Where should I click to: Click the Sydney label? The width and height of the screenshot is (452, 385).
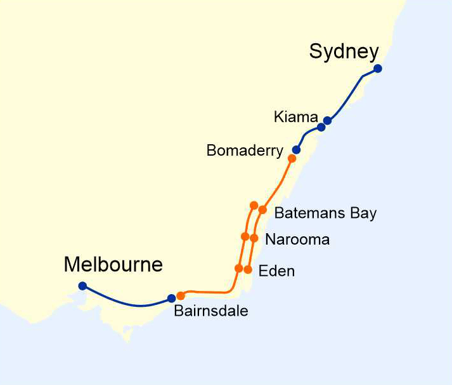pyautogui.click(x=344, y=51)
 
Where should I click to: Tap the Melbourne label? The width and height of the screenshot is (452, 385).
pyautogui.click(x=113, y=264)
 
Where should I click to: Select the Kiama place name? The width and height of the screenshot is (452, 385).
pyautogui.click(x=295, y=117)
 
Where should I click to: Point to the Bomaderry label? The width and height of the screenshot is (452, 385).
pyautogui.click(x=245, y=151)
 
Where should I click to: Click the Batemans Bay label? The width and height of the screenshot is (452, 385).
pyautogui.click(x=325, y=213)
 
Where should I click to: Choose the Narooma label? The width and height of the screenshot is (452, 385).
pyautogui.click(x=297, y=240)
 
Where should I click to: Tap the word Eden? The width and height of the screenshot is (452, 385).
pyautogui.click(x=277, y=271)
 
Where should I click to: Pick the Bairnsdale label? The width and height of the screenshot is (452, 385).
pyautogui.click(x=210, y=311)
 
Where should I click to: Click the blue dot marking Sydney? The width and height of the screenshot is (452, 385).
pyautogui.click(x=378, y=69)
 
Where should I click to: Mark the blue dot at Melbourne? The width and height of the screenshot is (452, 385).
pyautogui.click(x=82, y=286)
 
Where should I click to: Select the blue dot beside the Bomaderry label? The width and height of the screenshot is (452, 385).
pyautogui.click(x=296, y=150)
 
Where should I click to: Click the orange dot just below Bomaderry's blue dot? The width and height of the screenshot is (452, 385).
pyautogui.click(x=292, y=158)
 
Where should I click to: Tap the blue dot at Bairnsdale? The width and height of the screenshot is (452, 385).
pyautogui.click(x=171, y=298)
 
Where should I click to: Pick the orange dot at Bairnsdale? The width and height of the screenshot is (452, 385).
pyautogui.click(x=181, y=295)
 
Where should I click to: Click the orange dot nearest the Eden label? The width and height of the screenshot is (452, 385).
pyautogui.click(x=248, y=269)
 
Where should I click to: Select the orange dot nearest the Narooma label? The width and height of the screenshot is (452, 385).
pyautogui.click(x=254, y=238)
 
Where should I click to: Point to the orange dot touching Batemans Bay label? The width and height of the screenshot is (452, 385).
pyautogui.click(x=262, y=210)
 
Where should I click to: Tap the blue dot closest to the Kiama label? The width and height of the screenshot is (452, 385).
pyautogui.click(x=327, y=121)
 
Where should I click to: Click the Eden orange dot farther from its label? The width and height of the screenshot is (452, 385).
pyautogui.click(x=238, y=268)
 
